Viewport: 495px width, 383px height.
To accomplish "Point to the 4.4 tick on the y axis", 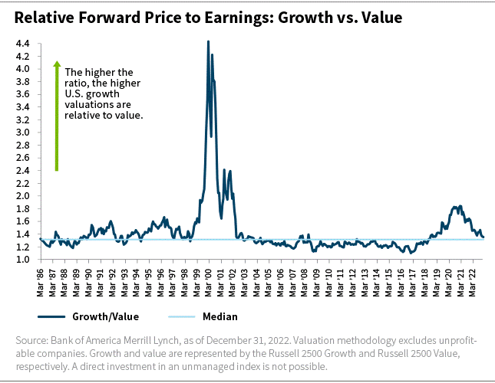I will point(22,44).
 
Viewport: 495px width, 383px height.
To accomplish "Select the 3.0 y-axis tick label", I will point(22,133).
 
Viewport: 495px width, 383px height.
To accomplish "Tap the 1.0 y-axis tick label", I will point(22,260).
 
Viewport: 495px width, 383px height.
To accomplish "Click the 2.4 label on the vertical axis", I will point(22,171).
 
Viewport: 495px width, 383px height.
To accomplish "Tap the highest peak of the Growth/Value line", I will point(208,41).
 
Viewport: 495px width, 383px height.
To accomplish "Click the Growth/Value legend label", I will point(100,316).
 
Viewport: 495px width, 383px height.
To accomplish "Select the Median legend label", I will point(219,316).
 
